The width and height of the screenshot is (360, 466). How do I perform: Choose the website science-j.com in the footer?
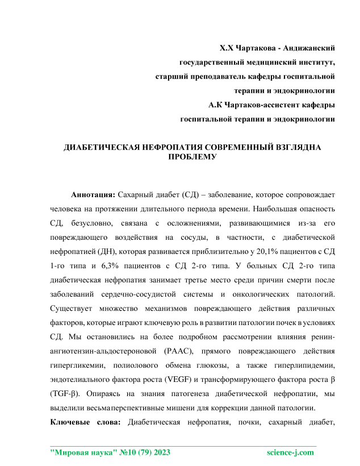290,452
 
